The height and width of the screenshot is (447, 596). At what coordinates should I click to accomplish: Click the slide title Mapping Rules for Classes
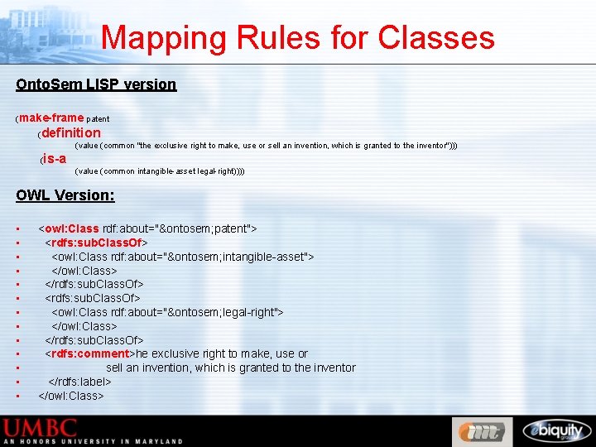click(x=298, y=38)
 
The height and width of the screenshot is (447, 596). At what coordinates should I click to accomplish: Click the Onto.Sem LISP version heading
click(x=96, y=84)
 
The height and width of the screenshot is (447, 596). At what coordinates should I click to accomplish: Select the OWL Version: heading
click(x=65, y=195)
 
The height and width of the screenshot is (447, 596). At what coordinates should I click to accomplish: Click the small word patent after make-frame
click(x=98, y=119)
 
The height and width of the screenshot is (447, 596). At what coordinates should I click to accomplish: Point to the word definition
click(x=71, y=132)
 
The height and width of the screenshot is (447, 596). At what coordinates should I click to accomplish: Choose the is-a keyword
click(x=55, y=158)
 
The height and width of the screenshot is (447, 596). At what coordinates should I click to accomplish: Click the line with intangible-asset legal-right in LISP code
click(x=159, y=171)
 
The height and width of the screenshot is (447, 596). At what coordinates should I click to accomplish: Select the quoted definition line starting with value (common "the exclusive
click(x=265, y=146)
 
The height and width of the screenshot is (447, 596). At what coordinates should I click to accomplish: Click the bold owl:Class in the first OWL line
click(x=72, y=228)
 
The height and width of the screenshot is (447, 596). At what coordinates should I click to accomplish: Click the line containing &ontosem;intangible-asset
click(x=182, y=257)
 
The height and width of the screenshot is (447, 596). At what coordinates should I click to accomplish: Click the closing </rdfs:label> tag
click(x=79, y=382)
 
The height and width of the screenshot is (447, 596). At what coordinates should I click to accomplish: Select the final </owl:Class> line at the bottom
click(x=71, y=396)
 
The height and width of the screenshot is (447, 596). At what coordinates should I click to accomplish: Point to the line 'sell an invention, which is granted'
click(x=230, y=368)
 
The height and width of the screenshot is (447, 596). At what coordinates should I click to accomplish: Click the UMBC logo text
click(x=41, y=428)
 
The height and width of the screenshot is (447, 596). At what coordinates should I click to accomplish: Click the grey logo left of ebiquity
click(x=482, y=431)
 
